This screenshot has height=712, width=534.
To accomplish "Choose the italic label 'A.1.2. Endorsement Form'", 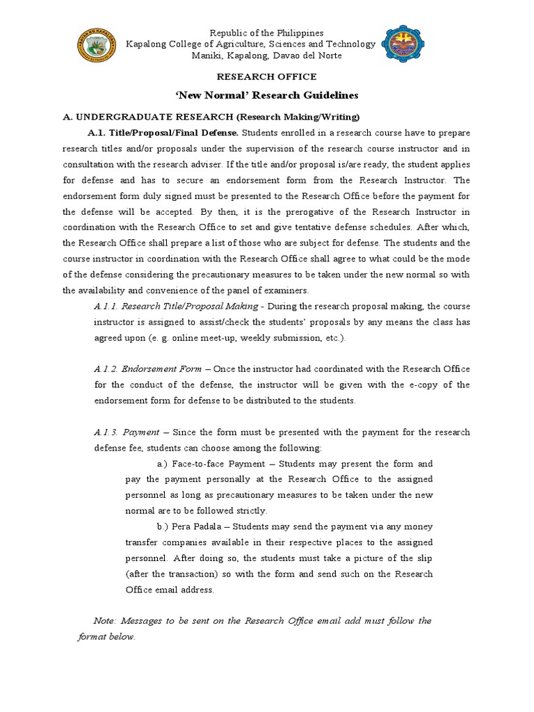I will point(147,369).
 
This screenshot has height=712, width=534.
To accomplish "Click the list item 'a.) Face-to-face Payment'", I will point(213,464).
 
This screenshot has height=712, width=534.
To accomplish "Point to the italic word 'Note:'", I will point(106,621).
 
